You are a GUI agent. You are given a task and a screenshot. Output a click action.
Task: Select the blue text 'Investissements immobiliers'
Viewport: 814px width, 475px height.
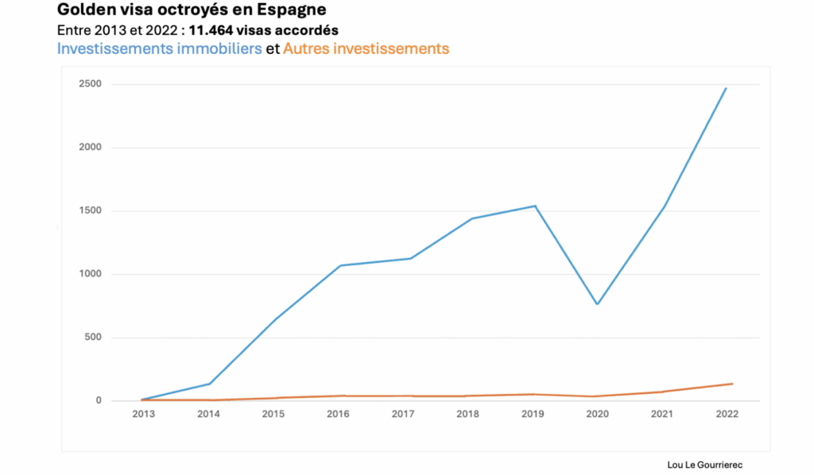tap(160, 49)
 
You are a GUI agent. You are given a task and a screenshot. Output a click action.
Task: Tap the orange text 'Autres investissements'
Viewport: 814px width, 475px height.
tap(366, 49)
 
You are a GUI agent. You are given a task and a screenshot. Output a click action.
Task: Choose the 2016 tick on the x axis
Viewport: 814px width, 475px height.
tap(339, 415)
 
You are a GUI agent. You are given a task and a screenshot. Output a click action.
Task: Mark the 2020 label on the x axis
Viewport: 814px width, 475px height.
tap(598, 415)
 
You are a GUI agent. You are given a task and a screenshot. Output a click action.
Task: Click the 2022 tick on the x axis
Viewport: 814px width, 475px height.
tap(727, 415)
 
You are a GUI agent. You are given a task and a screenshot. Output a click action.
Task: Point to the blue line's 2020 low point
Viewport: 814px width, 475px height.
tap(597, 304)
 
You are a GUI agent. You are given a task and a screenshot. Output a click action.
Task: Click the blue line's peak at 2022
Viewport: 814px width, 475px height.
tap(727, 88)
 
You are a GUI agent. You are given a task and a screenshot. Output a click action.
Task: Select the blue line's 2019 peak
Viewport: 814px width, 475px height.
tap(535, 206)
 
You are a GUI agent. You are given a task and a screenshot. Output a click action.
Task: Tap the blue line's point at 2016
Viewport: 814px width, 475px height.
tap(340, 265)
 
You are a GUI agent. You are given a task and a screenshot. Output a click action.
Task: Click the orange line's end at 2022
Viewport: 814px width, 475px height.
tap(732, 384)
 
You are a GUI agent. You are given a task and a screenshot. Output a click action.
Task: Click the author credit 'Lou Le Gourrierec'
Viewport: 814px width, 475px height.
tap(705, 465)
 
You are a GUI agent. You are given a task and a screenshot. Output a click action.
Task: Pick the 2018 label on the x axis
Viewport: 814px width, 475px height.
tap(469, 415)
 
